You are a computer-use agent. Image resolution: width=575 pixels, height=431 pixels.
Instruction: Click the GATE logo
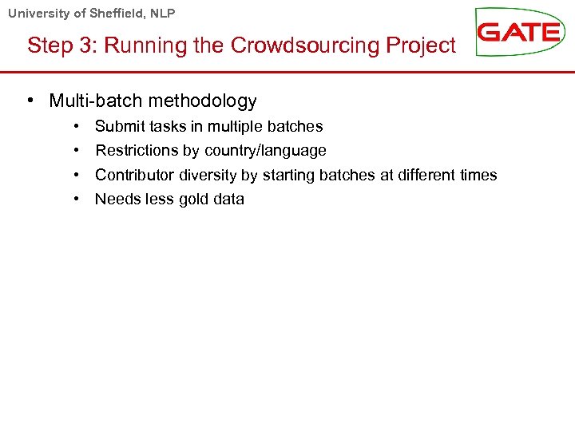tap(519, 32)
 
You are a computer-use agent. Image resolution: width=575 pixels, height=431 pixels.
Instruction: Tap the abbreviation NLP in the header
tap(162, 13)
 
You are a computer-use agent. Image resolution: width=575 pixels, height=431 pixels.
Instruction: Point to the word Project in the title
tap(422, 45)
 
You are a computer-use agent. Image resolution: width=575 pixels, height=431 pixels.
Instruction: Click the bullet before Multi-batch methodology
tap(29, 101)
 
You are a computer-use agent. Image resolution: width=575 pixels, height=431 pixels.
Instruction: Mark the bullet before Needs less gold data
tap(74, 199)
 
